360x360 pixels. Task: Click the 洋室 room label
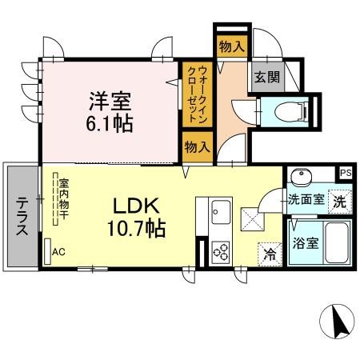110,102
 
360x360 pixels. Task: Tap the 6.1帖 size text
110,124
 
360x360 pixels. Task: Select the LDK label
137,206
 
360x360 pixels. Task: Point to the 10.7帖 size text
137,228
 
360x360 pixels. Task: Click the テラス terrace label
22,216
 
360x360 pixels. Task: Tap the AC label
58,252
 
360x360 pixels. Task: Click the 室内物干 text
64,199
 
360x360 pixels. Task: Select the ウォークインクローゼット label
198,94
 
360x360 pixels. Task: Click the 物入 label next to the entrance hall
232,47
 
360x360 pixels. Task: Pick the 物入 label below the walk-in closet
198,147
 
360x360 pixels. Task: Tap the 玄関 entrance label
267,77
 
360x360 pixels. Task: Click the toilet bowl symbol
290,112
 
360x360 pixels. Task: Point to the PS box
346,173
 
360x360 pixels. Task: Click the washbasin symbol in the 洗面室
302,176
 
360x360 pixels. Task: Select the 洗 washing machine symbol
340,202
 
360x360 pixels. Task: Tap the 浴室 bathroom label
306,243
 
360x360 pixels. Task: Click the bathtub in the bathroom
337,242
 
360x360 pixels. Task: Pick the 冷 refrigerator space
270,254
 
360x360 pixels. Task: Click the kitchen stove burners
221,252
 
